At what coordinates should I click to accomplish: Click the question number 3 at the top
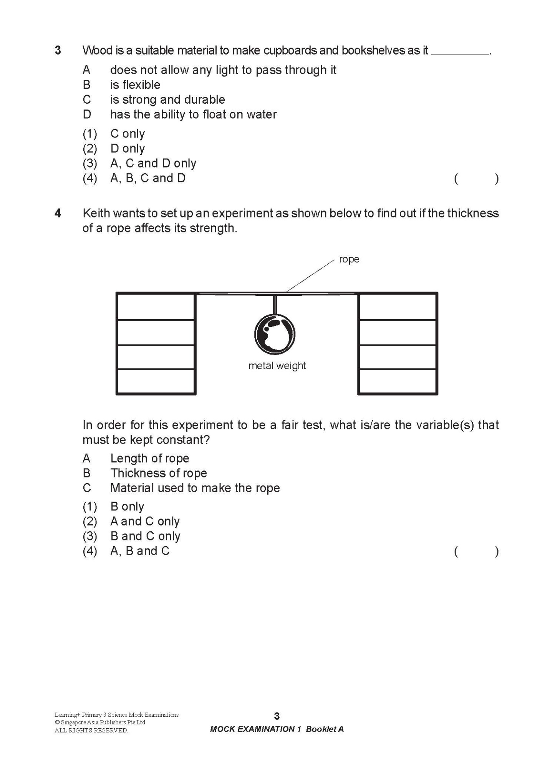(58, 51)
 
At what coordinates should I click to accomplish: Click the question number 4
(58, 213)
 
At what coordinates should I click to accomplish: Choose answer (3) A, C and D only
(139, 164)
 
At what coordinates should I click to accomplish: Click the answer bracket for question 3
(476, 179)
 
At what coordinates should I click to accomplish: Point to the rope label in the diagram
(349, 259)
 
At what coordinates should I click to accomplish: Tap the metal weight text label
(277, 366)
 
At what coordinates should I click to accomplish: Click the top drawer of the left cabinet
(156, 307)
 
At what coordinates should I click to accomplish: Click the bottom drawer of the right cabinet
(398, 381)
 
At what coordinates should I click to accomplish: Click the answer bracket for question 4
(476, 552)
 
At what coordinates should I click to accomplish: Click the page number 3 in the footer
(277, 716)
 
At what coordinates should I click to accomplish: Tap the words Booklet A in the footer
(325, 729)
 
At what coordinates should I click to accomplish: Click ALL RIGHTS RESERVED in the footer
(91, 730)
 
